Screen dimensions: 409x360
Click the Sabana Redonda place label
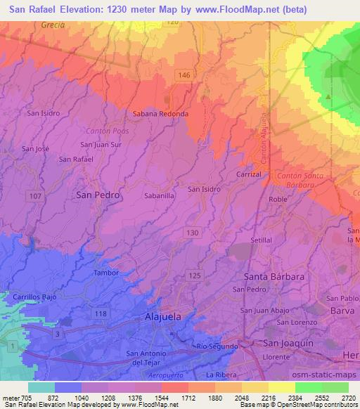(160, 113)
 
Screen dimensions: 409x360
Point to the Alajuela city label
(162, 316)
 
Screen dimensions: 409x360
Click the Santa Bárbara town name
(274, 276)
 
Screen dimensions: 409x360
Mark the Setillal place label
(262, 240)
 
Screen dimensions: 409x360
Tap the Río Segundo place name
(214, 346)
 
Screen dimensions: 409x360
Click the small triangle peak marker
(328, 96)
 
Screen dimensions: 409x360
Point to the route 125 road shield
(195, 276)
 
